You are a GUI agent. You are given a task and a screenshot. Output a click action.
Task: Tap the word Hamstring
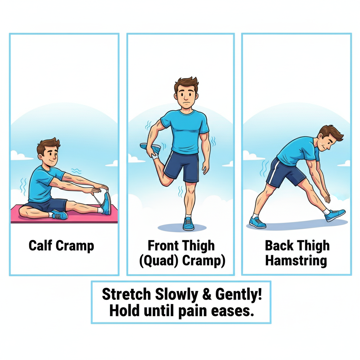296,261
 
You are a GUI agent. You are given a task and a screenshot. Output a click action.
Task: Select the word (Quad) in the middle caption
159,261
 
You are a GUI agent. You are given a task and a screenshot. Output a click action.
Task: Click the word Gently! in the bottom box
239,295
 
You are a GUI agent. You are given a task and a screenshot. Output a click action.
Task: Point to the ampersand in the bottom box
207,294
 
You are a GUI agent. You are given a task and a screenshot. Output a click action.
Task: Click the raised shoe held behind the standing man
150,148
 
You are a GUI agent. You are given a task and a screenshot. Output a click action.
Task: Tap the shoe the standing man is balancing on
188,224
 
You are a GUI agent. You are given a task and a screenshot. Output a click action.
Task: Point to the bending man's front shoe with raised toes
335,215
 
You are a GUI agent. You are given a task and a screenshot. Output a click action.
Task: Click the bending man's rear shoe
257,223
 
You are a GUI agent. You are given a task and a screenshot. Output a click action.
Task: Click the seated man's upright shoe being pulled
106,203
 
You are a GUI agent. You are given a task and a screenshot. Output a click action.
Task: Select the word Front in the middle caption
161,245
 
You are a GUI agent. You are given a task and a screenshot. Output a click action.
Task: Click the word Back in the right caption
279,245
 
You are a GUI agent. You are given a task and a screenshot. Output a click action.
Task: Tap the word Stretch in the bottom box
127,294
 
